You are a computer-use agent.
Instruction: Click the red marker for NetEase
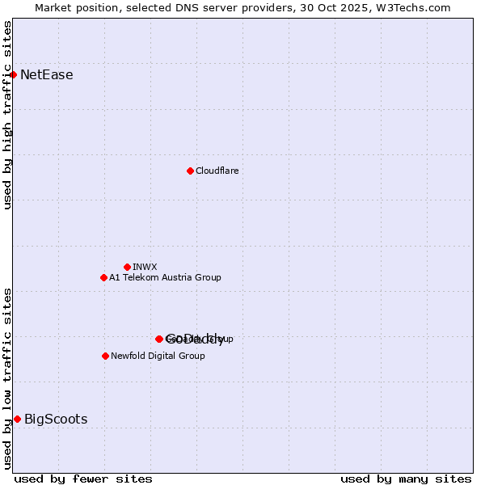13,75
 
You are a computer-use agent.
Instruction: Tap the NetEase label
46,75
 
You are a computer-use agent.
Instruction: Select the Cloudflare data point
190,171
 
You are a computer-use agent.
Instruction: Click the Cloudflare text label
217,171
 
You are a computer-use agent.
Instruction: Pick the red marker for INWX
127,267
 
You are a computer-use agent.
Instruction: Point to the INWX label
145,267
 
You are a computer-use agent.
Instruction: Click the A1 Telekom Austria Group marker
103,277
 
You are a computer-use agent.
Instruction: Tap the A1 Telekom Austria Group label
165,277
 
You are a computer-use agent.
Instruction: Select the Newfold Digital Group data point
105,356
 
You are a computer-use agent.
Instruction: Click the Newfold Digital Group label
158,356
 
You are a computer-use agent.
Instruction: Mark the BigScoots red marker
17,419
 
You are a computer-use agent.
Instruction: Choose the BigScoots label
56,419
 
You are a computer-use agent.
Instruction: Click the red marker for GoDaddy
159,339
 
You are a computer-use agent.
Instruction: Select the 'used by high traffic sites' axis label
8,115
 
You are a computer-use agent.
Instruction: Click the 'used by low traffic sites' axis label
8,378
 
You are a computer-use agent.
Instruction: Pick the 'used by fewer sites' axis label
83,479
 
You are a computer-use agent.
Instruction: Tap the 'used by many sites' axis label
406,479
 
